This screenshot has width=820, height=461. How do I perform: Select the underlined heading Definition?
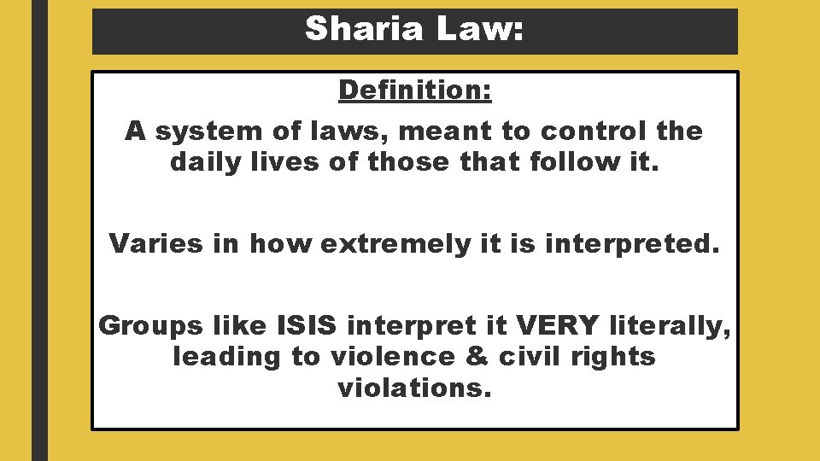[415, 90]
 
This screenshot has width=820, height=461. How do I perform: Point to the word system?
[197, 131]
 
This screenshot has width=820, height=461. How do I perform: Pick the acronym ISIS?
[310, 325]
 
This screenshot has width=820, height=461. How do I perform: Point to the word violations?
[415, 388]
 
